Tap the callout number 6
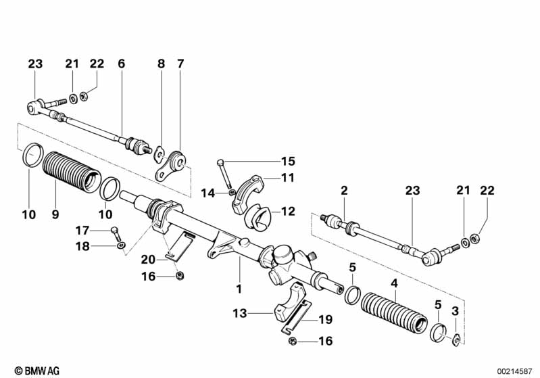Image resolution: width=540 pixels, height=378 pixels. (121, 64)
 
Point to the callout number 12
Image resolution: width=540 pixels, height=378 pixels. (287, 212)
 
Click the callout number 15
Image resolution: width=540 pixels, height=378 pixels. (288, 162)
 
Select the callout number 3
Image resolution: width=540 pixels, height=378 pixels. (454, 310)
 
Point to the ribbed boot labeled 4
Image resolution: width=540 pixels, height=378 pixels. (394, 312)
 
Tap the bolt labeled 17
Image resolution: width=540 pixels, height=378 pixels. (116, 233)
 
